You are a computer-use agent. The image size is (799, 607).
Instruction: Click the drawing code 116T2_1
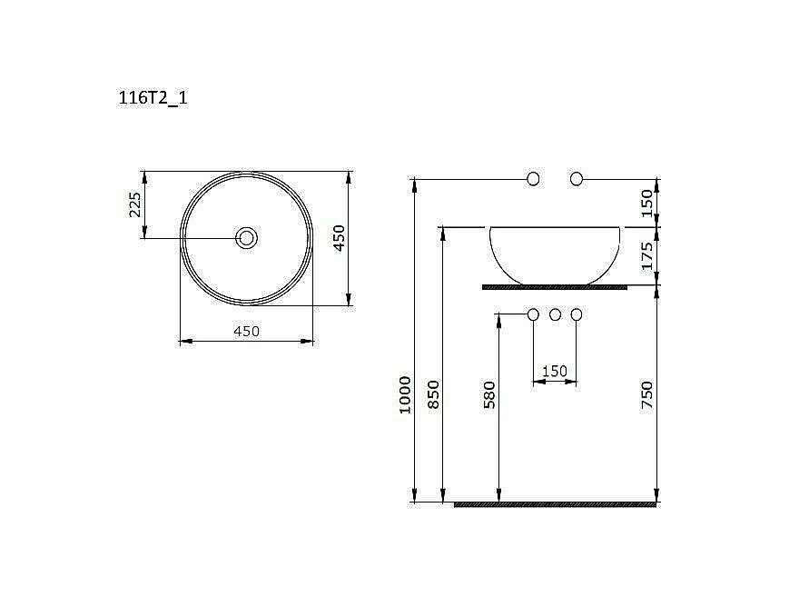(x=153, y=99)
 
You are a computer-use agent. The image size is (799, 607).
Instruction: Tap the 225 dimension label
(x=134, y=205)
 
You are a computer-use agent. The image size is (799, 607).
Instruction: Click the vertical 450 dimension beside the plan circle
(x=338, y=237)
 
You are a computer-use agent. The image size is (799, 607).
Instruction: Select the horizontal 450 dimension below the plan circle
(x=246, y=331)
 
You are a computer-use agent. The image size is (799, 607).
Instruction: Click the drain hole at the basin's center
(x=246, y=238)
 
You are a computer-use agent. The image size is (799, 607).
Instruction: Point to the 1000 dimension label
(x=406, y=394)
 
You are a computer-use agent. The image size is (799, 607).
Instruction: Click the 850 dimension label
(x=434, y=394)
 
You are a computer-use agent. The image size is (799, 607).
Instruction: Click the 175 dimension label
(x=647, y=256)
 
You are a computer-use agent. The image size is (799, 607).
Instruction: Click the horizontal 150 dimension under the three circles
(x=554, y=371)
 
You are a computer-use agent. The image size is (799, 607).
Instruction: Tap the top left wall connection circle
(x=534, y=178)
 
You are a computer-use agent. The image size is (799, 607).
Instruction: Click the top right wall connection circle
(x=576, y=178)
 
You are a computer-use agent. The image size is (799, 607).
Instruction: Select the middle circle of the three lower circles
(x=555, y=314)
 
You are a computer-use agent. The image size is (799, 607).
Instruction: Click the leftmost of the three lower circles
(x=534, y=314)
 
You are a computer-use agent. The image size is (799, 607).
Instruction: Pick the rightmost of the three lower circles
(x=576, y=314)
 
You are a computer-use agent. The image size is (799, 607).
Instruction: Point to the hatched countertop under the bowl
(x=555, y=287)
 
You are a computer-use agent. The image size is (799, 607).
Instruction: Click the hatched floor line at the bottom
(x=555, y=504)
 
